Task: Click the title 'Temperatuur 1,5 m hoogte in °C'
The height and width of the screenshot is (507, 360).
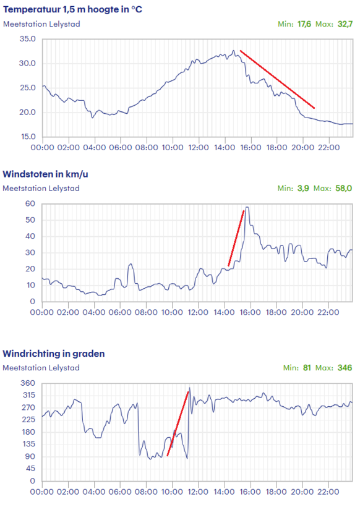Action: coord(72,9)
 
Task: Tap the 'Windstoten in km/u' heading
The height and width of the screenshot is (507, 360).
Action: coord(45,174)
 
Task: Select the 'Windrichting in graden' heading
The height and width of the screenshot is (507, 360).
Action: coord(54,354)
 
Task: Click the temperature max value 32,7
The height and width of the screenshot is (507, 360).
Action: coord(345,24)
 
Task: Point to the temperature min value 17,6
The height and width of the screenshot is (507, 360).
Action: coord(304,24)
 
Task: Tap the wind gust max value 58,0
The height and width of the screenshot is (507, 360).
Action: coord(343,188)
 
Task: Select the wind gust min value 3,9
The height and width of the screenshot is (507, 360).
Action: coord(303,188)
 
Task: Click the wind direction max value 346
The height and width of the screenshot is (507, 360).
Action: coord(345,368)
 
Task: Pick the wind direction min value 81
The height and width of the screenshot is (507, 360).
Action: coord(307,368)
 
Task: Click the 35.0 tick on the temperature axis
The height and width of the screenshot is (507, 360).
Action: coord(27,39)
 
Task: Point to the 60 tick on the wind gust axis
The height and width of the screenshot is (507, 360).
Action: coord(30,203)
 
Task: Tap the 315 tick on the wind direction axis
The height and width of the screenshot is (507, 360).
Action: coord(29,395)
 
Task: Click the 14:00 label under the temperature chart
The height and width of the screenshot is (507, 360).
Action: coord(225,147)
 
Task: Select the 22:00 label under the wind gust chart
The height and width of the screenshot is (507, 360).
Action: coord(328,312)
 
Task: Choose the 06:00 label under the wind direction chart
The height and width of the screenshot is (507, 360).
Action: coord(119,492)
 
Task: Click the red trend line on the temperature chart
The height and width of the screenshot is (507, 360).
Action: coord(277,79)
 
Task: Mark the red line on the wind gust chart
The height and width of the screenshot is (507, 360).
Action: coord(236,238)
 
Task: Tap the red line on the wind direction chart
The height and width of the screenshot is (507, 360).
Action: coord(178,424)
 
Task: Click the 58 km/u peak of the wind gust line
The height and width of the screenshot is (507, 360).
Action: coord(247,207)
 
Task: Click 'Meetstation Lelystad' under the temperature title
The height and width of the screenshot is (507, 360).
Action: coord(41,24)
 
